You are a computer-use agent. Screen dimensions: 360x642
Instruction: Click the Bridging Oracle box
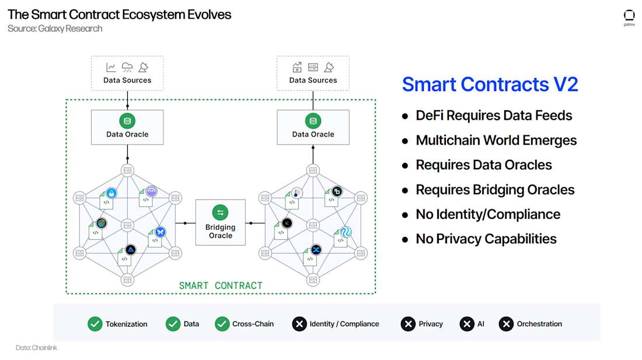220,222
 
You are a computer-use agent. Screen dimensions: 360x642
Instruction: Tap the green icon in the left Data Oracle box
127,121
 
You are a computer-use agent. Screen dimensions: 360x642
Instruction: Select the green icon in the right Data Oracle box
313,121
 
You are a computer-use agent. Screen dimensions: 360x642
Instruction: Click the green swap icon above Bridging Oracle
220,213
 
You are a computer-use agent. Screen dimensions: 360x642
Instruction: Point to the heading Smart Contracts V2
490,85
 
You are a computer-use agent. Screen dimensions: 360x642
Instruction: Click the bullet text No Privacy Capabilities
486,239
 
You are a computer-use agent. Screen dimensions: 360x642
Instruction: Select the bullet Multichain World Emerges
496,141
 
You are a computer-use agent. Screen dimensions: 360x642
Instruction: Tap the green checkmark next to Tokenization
95,324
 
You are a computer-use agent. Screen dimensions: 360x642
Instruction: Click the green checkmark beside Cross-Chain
222,324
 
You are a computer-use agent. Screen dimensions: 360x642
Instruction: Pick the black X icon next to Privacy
408,324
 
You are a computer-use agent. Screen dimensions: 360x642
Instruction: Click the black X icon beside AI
467,324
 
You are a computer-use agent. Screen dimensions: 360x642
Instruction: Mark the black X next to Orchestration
506,324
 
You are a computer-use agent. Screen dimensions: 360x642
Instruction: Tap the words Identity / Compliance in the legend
344,324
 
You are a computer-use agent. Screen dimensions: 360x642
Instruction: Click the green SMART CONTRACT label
221,285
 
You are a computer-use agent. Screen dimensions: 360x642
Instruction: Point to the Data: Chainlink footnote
36,348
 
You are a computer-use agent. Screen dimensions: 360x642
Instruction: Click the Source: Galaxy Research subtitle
55,29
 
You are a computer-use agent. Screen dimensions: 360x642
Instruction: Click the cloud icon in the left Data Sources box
127,68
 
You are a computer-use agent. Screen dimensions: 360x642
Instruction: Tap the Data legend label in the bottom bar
191,324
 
